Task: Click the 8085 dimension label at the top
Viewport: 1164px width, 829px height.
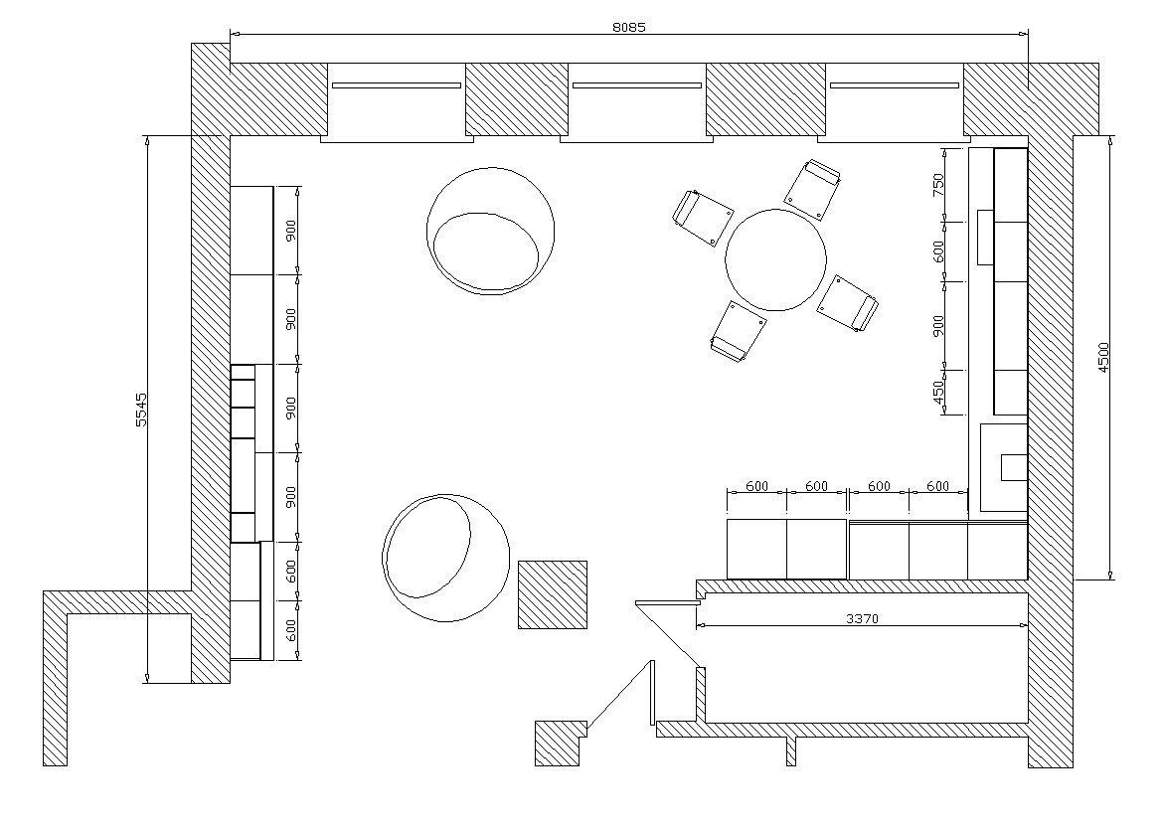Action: (x=629, y=28)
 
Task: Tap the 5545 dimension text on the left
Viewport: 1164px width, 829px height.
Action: (x=142, y=410)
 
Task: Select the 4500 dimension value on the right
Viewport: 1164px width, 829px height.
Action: (x=1103, y=357)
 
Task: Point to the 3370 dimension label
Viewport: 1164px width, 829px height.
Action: (x=862, y=618)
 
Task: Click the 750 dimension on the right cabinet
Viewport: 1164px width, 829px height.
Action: (x=938, y=184)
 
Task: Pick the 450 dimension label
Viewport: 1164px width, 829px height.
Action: (x=938, y=394)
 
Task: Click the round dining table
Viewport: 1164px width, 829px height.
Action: (x=775, y=259)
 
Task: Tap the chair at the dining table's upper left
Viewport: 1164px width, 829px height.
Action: (x=703, y=218)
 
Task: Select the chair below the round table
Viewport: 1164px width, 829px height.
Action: (x=738, y=331)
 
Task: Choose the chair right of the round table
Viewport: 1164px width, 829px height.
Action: (x=848, y=303)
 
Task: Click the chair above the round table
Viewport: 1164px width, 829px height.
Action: (x=814, y=189)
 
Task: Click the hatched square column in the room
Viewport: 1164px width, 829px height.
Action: (x=553, y=595)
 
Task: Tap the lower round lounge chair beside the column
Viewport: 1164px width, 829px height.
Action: (x=445, y=558)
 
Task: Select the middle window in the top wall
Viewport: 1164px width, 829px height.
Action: (x=637, y=101)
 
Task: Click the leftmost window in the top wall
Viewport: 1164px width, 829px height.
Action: (x=397, y=101)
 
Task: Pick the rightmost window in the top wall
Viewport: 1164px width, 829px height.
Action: (x=894, y=101)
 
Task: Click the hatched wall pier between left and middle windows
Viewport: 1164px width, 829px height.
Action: (x=517, y=99)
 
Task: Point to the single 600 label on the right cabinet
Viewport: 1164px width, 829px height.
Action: (x=938, y=251)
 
